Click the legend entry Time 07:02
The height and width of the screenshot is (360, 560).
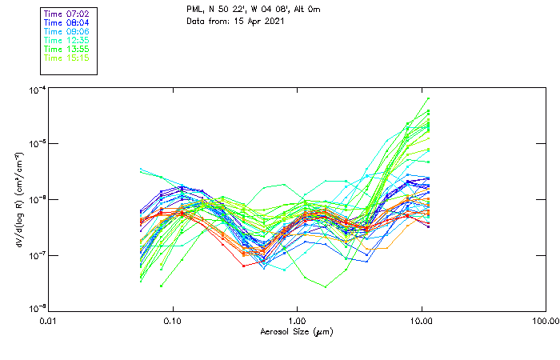(66, 14)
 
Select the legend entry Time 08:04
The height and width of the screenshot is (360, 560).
(66, 23)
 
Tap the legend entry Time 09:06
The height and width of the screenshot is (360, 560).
(66, 32)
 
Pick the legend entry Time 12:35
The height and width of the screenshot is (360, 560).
(66, 41)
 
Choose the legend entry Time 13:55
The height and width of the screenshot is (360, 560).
(66, 50)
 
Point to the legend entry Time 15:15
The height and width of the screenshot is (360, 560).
(66, 58)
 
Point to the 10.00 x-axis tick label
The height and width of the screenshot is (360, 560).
(421, 322)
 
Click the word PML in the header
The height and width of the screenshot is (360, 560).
(194, 10)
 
